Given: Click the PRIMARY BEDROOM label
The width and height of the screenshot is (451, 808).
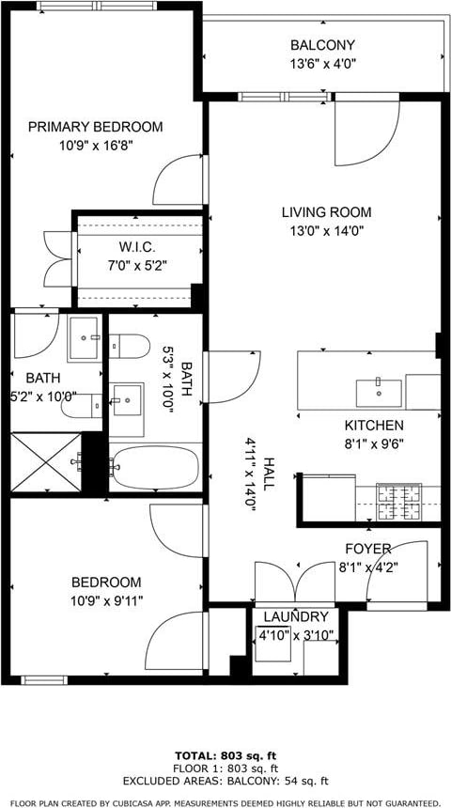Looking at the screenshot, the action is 95,127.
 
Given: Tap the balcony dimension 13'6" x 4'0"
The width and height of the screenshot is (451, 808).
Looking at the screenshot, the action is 322,64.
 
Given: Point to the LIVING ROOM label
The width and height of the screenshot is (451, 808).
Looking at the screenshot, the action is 326,212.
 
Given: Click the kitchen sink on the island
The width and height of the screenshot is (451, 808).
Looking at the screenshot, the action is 379,394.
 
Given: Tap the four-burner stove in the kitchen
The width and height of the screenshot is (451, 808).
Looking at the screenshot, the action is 399,503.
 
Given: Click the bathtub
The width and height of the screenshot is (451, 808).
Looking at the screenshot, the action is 155,467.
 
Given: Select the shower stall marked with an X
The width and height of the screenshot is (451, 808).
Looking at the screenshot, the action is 46,461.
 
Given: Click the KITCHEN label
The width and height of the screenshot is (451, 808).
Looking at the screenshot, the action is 374,427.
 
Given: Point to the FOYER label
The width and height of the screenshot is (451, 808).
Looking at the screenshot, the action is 368,550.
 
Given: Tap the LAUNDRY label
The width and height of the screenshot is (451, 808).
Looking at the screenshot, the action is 296,617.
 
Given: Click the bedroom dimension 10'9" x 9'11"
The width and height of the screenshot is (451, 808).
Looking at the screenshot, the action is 106,601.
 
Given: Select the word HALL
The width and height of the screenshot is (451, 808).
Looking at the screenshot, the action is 269,473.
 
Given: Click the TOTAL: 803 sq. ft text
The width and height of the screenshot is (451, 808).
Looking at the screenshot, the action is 225,756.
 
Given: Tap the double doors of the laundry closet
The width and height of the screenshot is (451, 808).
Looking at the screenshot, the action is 295,583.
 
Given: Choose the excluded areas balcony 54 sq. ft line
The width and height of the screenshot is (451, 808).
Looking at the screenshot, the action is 225,782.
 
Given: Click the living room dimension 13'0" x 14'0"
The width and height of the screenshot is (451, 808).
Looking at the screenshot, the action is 326,231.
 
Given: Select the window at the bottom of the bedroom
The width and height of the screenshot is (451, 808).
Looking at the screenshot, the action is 44,680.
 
